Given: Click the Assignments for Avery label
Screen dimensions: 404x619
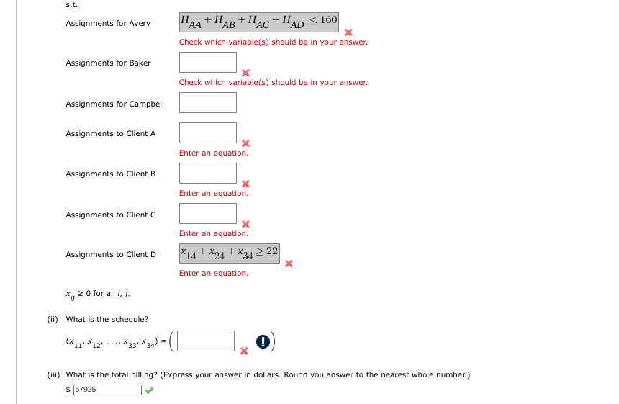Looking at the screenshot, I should pyautogui.click(x=108, y=23).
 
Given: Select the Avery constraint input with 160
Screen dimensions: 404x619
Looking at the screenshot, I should pyautogui.click(x=258, y=22).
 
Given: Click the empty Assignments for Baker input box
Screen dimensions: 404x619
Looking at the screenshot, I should pyautogui.click(x=208, y=62).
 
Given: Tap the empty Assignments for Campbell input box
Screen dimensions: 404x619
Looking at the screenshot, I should pyautogui.click(x=208, y=103).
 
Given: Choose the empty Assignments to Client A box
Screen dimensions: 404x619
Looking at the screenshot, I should pyautogui.click(x=208, y=133).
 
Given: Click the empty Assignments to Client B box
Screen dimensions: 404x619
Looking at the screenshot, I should pyautogui.click(x=208, y=173).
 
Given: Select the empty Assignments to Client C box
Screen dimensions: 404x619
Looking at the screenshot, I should pyautogui.click(x=208, y=214).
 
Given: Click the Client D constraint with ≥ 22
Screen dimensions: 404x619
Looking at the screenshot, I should pyautogui.click(x=230, y=253).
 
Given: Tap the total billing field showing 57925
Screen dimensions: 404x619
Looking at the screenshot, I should pyautogui.click(x=107, y=390).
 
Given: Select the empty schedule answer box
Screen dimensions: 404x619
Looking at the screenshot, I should pyautogui.click(x=207, y=341).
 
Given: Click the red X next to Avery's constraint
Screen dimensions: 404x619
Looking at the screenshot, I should pyautogui.click(x=348, y=32).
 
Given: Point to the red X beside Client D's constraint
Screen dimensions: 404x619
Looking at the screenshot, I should pyautogui.click(x=289, y=264).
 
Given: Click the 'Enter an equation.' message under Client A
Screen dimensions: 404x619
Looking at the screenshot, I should pyautogui.click(x=214, y=153).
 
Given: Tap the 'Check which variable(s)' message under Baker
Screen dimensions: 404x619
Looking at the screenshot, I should pyautogui.click(x=274, y=82).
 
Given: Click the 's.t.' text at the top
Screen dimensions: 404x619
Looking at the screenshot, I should pyautogui.click(x=71, y=4).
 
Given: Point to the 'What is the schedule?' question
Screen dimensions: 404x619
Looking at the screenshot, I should pyautogui.click(x=107, y=319).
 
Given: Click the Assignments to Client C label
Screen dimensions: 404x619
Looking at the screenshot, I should pyautogui.click(x=111, y=215).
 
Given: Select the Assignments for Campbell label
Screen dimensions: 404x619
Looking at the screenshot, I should pyautogui.click(x=114, y=104).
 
